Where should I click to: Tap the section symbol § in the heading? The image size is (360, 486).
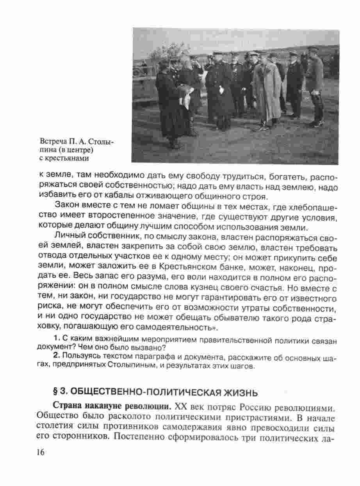coord(55,392)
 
